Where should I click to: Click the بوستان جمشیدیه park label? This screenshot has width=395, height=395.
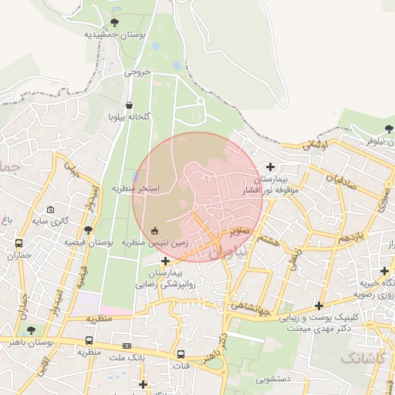[x=115, y=35]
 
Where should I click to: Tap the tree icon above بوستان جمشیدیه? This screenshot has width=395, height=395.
[x=115, y=22]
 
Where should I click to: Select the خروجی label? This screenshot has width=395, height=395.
[x=139, y=74]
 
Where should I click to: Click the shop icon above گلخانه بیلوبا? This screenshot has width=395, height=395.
[x=129, y=105]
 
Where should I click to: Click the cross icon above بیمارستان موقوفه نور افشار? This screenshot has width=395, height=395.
[x=270, y=166]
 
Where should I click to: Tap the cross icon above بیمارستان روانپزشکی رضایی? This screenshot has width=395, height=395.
[x=165, y=262]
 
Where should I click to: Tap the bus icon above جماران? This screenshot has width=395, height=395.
[x=19, y=243]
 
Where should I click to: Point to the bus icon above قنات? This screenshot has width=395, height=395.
[x=181, y=355]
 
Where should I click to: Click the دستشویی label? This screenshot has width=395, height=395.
[x=272, y=379]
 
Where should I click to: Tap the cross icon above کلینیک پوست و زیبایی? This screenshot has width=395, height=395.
[x=319, y=306]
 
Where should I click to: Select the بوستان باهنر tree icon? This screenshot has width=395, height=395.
[x=31, y=329]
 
